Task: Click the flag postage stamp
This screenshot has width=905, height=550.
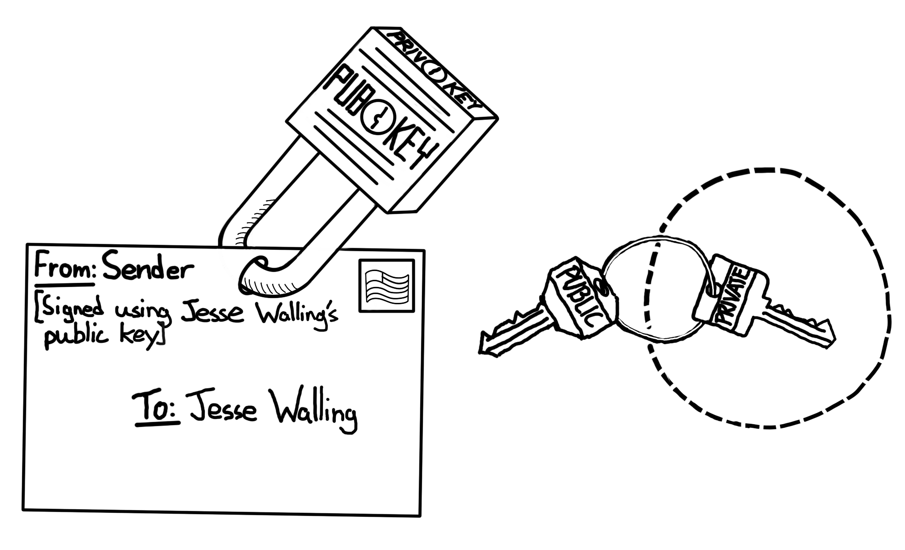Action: click(x=387, y=286)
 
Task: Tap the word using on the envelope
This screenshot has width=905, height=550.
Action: click(x=142, y=312)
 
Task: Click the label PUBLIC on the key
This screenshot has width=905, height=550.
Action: click(x=581, y=298)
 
